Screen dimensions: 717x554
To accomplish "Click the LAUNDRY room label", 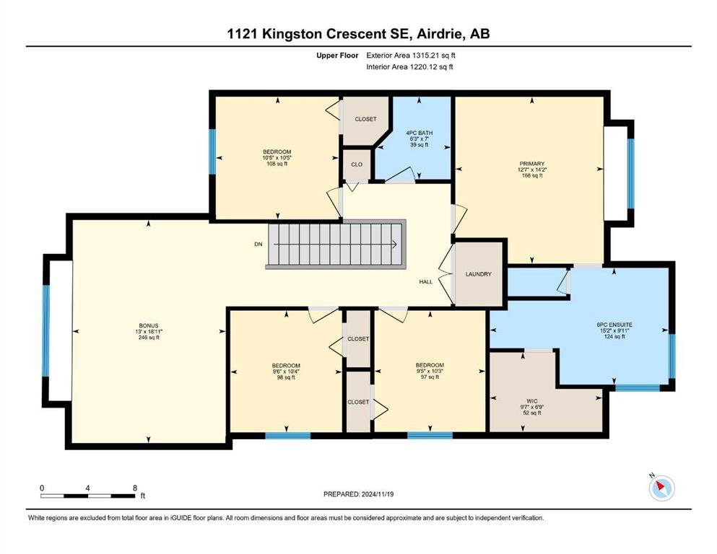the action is click(x=478, y=274).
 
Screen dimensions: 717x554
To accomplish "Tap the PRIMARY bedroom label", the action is click(x=532, y=164).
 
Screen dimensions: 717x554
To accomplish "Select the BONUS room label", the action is click(x=149, y=325).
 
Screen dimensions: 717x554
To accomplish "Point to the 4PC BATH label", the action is click(x=419, y=133).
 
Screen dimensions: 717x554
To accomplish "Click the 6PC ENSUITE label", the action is click(x=614, y=325).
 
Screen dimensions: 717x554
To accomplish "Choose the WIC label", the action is click(x=532, y=401).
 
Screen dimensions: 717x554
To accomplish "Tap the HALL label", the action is click(x=426, y=282).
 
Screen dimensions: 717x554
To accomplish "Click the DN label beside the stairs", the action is click(x=258, y=245).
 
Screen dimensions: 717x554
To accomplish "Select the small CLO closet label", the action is click(x=357, y=164).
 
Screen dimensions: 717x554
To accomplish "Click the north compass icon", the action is click(x=661, y=488).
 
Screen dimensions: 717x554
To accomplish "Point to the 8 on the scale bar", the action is click(x=135, y=488).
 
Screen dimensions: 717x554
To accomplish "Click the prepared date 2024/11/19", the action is click(x=377, y=494).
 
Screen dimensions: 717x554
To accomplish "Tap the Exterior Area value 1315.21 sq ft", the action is click(x=434, y=56).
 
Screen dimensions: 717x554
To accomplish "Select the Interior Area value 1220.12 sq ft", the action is click(x=432, y=66).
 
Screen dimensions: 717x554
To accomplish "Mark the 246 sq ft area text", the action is click(x=149, y=338).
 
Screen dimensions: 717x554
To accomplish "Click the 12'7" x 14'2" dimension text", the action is click(x=532, y=170).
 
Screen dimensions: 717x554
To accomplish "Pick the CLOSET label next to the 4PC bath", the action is click(x=366, y=119).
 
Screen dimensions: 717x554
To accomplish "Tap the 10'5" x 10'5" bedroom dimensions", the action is click(x=277, y=157).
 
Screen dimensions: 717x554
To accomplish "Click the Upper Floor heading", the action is click(x=337, y=56).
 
